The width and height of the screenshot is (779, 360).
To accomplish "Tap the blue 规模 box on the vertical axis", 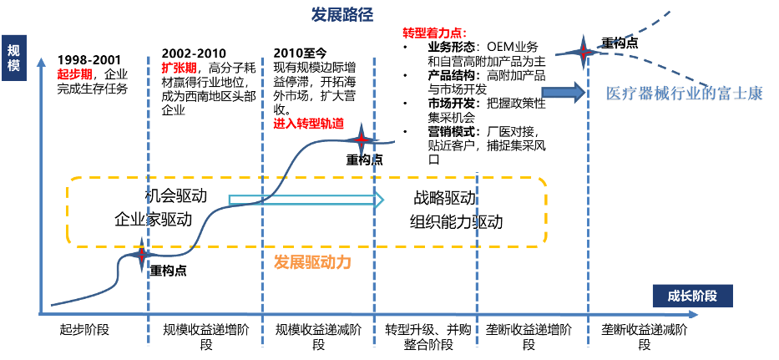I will tap(13, 57).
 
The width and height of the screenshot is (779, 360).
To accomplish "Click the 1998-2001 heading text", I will tap(90, 60).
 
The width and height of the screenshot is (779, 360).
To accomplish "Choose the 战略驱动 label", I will tap(444, 198).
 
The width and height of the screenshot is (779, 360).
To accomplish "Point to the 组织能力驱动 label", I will tap(457, 222).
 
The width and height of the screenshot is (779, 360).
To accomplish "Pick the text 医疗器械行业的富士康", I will tap(685, 94).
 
